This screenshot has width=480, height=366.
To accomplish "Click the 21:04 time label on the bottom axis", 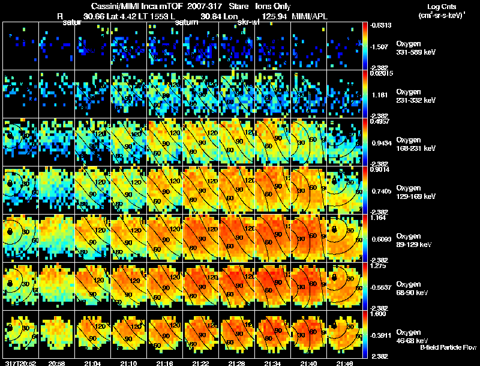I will point(94,363).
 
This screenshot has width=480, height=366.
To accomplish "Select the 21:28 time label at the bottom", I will point(236,363).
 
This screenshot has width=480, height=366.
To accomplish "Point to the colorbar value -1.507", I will point(378,46).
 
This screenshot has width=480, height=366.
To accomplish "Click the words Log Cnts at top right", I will point(439,5).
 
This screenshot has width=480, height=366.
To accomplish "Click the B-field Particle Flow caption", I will point(448,347).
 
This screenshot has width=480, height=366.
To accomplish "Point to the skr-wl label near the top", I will point(248,22).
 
